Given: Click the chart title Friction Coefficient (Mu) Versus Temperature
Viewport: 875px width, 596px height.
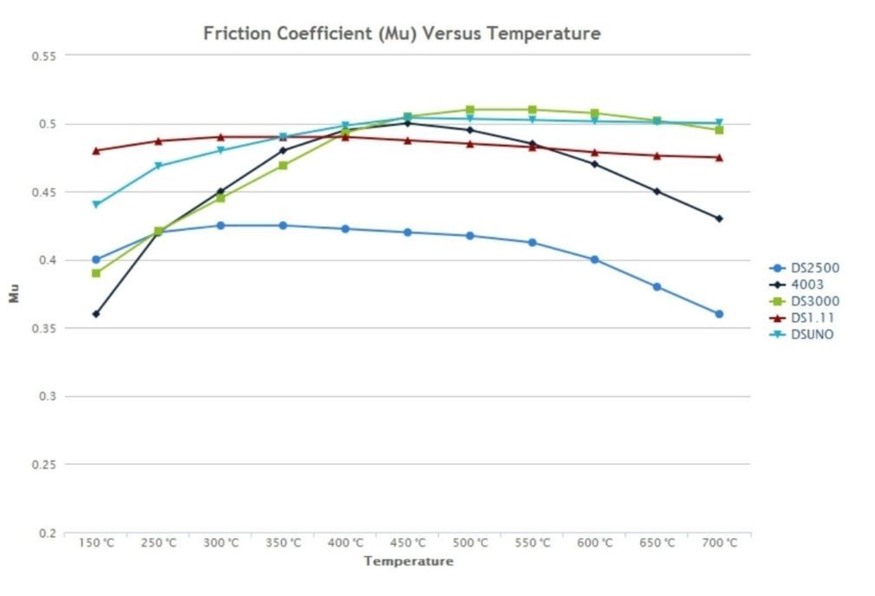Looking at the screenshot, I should (x=402, y=34).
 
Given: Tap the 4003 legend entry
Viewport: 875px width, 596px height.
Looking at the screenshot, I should (x=803, y=285).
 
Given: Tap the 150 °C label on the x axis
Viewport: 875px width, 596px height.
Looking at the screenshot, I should (x=96, y=543).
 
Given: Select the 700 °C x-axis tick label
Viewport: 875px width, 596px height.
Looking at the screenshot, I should (x=719, y=543).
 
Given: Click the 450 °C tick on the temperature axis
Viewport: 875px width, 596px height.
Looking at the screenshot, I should (x=408, y=543).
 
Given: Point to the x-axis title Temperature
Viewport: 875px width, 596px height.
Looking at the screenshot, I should (x=408, y=561).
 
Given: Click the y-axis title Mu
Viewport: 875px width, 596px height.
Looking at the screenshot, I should (x=14, y=295).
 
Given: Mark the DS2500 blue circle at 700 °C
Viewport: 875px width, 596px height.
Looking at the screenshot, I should (x=719, y=314).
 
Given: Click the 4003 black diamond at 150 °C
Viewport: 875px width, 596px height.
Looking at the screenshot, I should (x=95, y=314).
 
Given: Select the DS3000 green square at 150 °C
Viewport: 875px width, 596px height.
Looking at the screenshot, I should (x=95, y=273).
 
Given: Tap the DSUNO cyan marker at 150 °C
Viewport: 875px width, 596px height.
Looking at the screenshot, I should (x=95, y=205).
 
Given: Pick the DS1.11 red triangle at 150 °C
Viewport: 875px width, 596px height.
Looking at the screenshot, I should (x=95, y=150).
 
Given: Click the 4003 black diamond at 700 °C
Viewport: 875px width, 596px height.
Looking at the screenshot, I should (x=719, y=219).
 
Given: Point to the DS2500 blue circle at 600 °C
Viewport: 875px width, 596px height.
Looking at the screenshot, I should (x=594, y=259).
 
